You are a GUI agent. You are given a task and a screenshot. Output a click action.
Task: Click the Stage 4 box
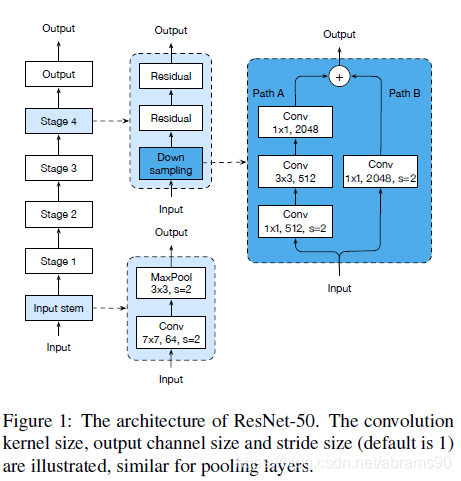pos(59,121)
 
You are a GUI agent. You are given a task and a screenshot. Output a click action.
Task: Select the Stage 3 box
pos(59,168)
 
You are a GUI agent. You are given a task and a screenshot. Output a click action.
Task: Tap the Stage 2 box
pos(59,214)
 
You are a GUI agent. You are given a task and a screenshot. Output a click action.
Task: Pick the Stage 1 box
pos(59,261)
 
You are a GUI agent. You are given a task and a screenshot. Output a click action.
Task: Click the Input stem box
pos(59,308)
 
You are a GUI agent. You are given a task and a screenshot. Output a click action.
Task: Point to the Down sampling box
pos(171,164)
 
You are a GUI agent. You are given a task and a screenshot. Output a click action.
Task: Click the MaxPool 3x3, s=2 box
pos(171,283)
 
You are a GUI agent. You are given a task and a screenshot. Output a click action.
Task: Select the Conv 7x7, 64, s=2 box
pos(171,333)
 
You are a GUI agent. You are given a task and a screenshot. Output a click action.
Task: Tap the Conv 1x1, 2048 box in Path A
pos(295,122)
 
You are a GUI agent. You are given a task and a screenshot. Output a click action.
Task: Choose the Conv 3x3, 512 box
pos(295,171)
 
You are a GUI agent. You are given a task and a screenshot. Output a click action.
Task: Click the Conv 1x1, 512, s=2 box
pos(295,221)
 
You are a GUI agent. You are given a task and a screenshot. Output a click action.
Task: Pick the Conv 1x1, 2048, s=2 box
pos(381,171)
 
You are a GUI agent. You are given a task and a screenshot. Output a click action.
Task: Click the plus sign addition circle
pos(339,77)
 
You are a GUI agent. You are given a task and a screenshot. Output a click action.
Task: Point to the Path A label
pos(268,93)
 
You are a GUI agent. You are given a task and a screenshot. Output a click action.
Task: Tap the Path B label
pos(405,93)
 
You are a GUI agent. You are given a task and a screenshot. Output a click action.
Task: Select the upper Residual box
pos(171,76)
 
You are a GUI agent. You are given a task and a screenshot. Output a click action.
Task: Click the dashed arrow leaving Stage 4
pos(112,121)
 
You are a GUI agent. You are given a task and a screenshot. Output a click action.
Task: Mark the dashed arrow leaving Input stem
pos(110,308)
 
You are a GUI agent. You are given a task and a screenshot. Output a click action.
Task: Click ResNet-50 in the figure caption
pos(274,421)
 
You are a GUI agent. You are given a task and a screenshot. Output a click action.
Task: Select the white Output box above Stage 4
pos(59,74)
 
